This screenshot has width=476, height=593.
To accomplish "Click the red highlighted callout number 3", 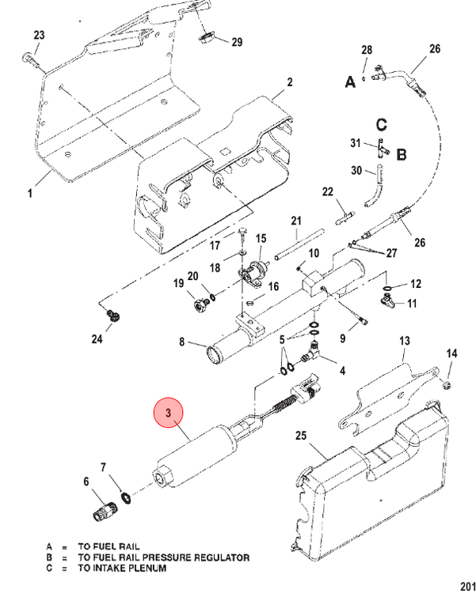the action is point(168,413).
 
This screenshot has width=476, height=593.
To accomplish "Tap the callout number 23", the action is point(39,35).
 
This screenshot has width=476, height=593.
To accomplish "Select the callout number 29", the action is point(237,42).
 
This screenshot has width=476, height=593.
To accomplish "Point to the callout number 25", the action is point(300,436).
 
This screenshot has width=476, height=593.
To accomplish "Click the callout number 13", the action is point(405,341).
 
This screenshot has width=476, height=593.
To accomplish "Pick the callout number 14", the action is point(451,353).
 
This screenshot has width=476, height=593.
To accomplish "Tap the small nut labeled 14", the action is point(447,386).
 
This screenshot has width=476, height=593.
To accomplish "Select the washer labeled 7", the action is point(126,497).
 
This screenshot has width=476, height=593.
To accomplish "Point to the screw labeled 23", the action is point(30,60).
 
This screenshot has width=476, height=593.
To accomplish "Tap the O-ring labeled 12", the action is point(387,289).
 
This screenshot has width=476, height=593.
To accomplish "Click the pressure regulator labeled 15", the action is point(253,271).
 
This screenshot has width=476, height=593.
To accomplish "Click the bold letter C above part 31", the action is point(381,124).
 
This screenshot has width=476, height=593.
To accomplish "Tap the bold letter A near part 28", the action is point(351,81).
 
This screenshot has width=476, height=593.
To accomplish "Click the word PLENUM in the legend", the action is point(147,568).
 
